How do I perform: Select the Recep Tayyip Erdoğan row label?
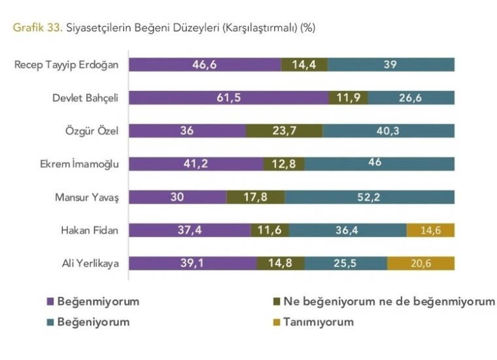coord(67,64)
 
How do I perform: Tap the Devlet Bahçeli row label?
coord(85,97)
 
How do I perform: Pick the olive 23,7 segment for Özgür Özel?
coord(284,131)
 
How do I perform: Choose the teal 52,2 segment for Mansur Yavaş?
coord(369,197)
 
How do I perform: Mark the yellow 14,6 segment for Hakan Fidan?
coord(430,230)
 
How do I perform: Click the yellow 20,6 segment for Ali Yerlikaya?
coord(420,263)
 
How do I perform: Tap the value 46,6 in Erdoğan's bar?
coord(205,64)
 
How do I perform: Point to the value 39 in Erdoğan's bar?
coord(391,64)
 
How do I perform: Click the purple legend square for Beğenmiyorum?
coord(49,302)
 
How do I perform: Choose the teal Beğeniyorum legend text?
coord(94,321)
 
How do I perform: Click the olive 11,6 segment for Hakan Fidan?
coord(269,230)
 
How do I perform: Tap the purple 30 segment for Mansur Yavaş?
coord(177,197)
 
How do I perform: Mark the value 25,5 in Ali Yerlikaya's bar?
coord(346,263)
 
